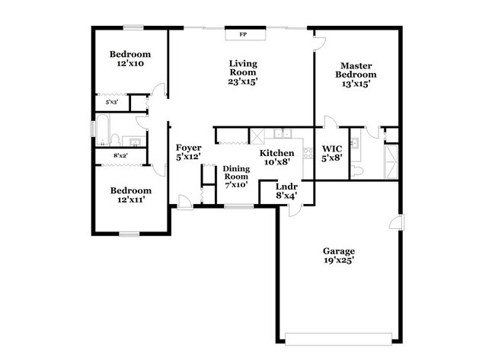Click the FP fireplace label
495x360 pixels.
pos(244,34)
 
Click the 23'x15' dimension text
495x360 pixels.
pos(244,82)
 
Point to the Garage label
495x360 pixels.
pos(339,251)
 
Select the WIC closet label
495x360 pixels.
pos(332,148)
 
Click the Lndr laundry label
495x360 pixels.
pos(286,186)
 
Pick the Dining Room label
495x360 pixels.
pos(236,172)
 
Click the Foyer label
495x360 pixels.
pos(188,148)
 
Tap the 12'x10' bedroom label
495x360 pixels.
pos(129,64)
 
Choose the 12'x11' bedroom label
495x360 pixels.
pos(129,199)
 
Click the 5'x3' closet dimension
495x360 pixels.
pos(111,102)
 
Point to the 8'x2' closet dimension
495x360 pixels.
pos(120,156)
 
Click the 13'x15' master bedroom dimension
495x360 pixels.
pos(358,84)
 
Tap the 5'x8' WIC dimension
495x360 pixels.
pos(332,158)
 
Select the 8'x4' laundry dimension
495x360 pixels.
pos(286,196)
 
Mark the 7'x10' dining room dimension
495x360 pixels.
pos(236,185)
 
